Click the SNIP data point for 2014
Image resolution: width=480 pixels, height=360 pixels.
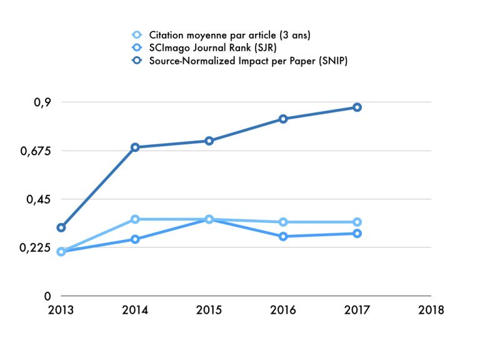(135, 147)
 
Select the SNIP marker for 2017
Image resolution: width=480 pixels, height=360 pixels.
(357, 107)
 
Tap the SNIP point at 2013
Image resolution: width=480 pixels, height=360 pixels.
(61, 227)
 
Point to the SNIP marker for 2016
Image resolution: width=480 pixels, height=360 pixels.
(283, 119)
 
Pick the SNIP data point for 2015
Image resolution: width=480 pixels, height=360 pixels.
(209, 141)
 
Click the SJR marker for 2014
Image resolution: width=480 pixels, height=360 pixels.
(135, 239)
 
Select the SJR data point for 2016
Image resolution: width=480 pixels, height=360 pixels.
(283, 236)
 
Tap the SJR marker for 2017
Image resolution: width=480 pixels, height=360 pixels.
(357, 234)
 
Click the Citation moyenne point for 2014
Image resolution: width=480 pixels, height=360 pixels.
(135, 219)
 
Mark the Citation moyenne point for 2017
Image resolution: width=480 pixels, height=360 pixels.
(357, 222)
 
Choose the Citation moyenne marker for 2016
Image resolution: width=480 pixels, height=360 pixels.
(283, 222)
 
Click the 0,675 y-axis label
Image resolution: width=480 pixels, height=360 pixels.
(32, 151)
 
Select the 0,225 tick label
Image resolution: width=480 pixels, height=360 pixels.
(32, 247)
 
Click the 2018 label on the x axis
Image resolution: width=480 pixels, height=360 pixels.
(431, 310)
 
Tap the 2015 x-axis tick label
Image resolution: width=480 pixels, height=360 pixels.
(209, 310)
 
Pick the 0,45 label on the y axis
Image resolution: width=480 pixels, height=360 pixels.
(37, 199)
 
